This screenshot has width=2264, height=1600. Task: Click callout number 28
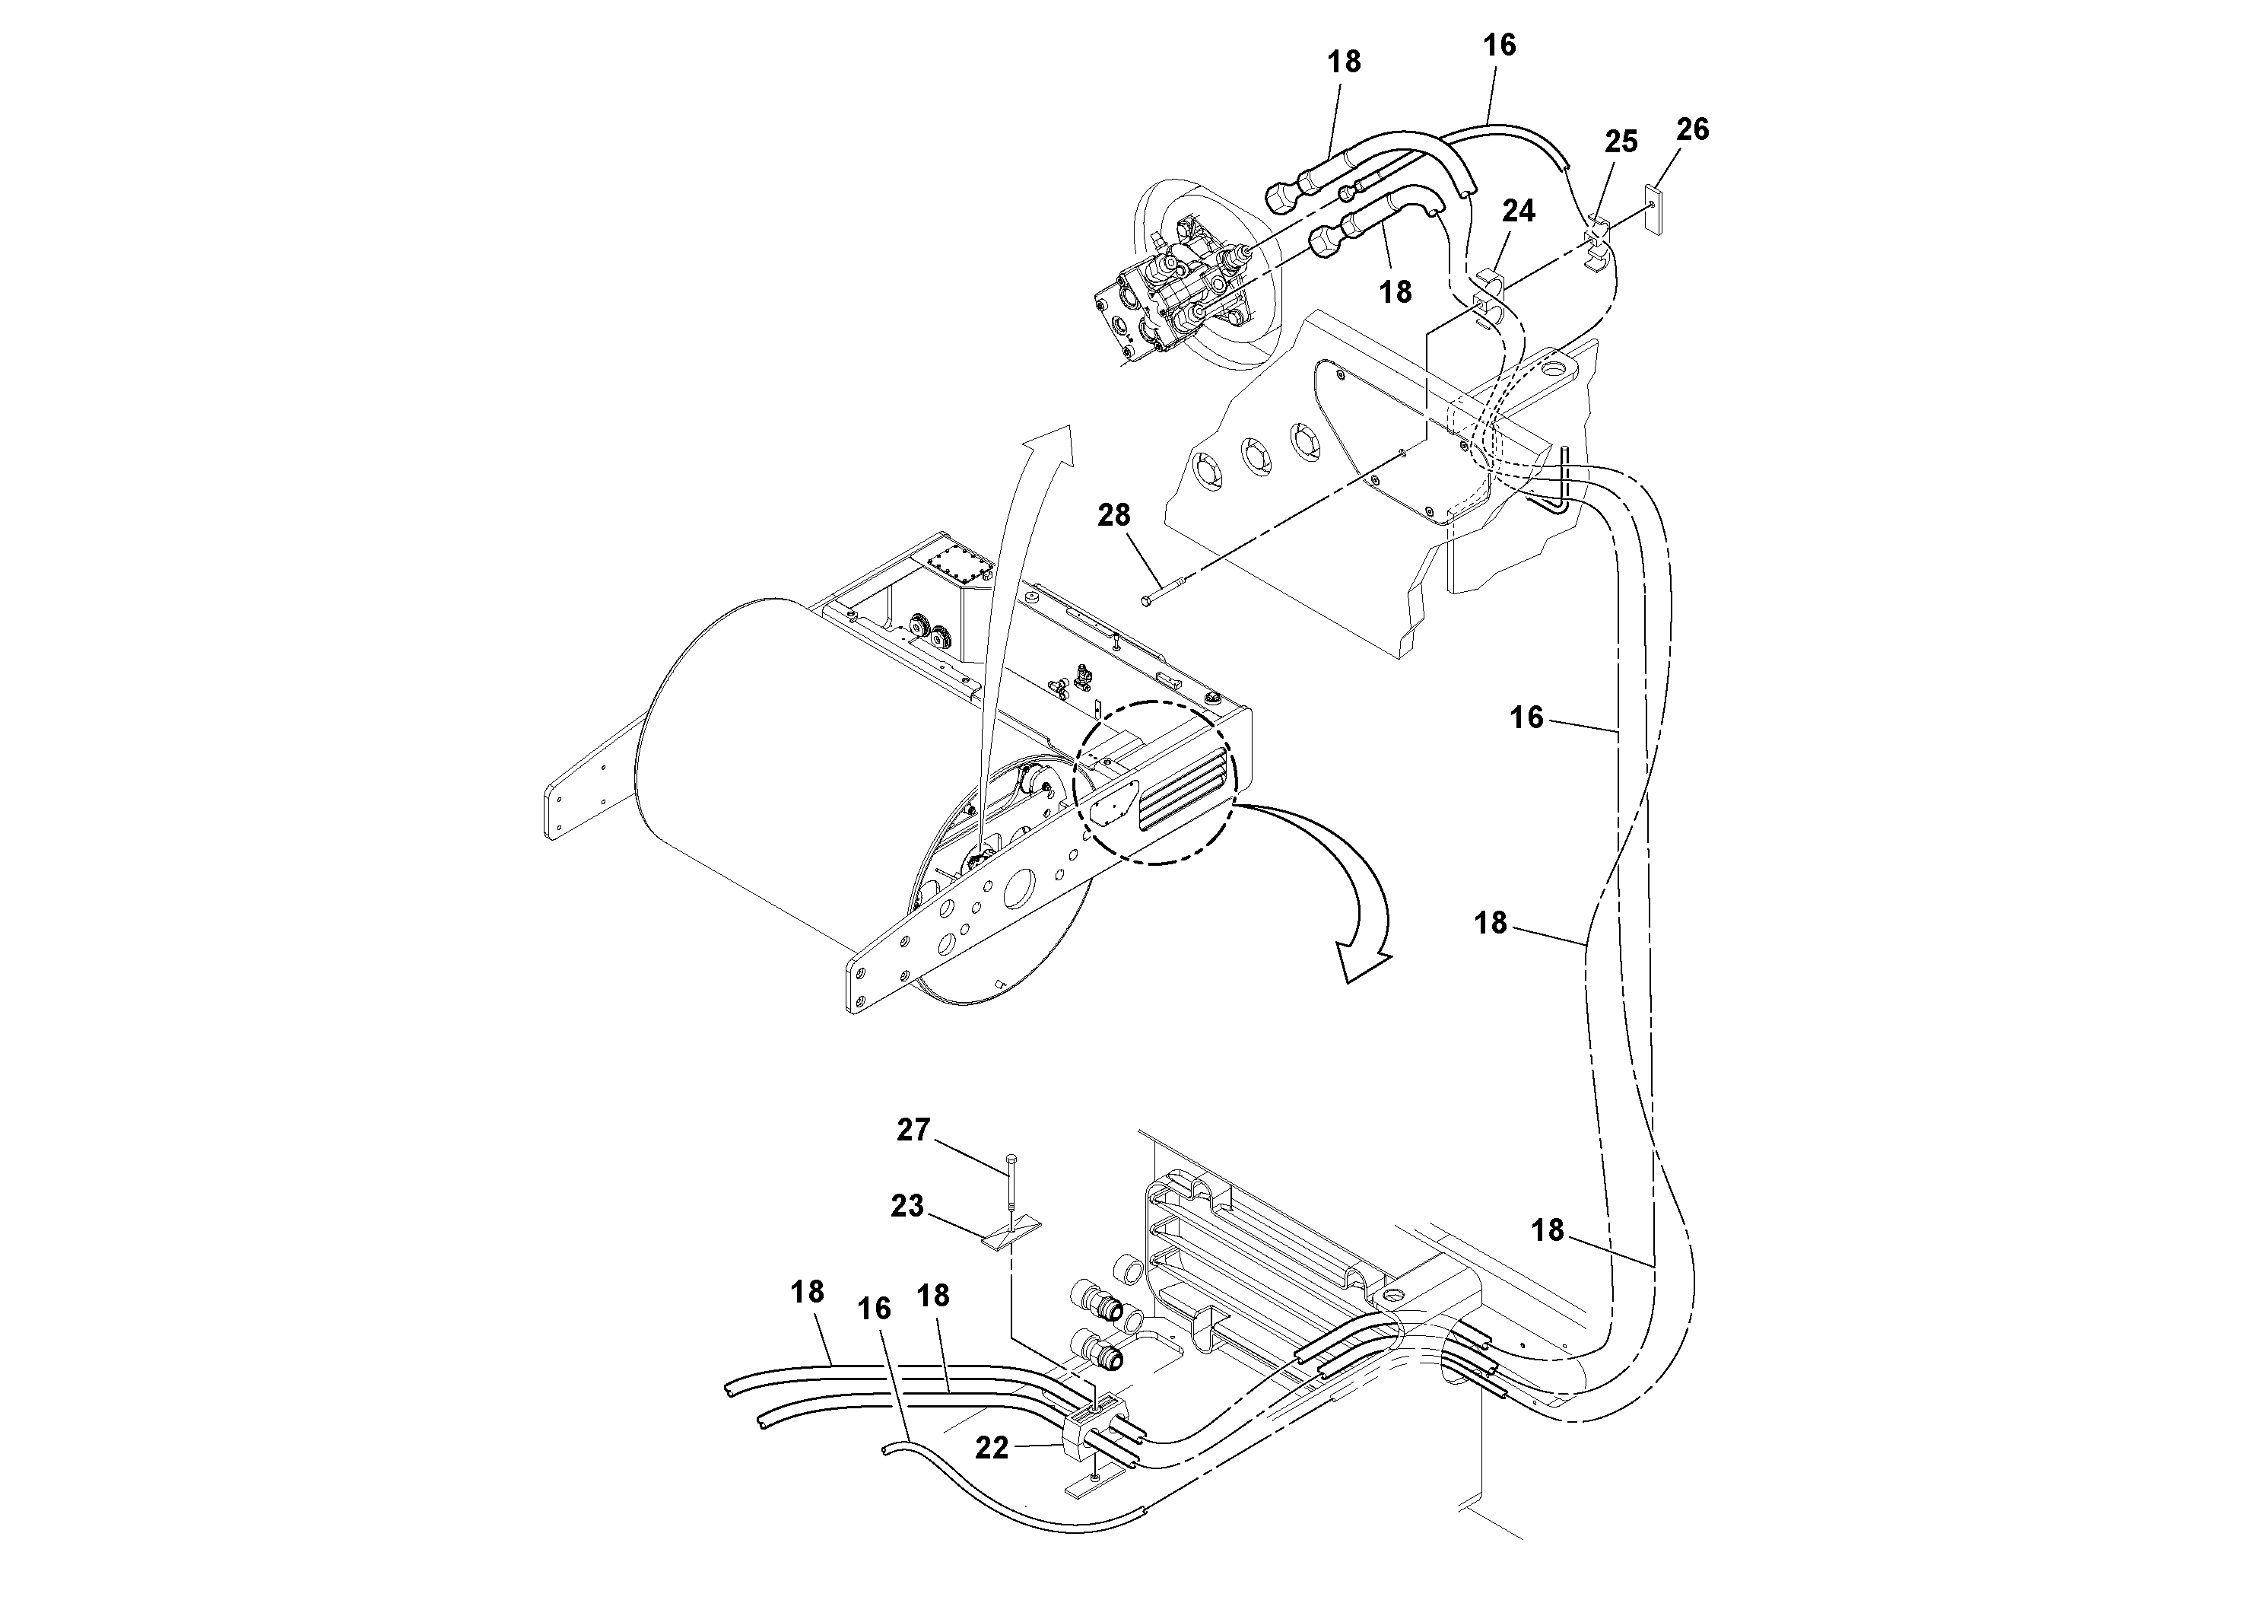pyautogui.click(x=1113, y=515)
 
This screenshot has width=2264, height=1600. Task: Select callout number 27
pyautogui.click(x=913, y=1130)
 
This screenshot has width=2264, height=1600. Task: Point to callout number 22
pyautogui.click(x=992, y=1447)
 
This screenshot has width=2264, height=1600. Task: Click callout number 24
pyautogui.click(x=1519, y=211)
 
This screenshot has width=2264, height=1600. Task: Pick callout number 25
pyautogui.click(x=1621, y=142)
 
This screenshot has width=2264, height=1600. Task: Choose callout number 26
pyautogui.click(x=1692, y=129)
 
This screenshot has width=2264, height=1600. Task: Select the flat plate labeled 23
pyautogui.click(x=1011, y=1234)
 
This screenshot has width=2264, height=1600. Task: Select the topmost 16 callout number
pyautogui.click(x=1499, y=46)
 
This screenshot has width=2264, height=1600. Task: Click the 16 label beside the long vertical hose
pyautogui.click(x=1526, y=717)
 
